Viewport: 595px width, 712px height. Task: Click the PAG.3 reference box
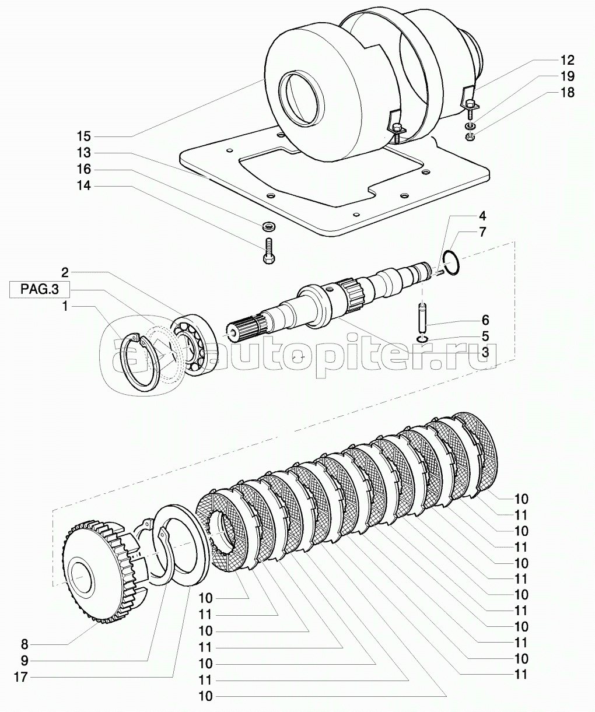40,289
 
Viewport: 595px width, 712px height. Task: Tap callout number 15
83,136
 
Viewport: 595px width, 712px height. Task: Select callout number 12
567,61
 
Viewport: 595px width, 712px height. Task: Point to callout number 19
567,76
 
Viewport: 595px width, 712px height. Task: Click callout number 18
567,92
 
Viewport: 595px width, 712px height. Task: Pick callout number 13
83,153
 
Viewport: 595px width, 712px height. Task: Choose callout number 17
20,677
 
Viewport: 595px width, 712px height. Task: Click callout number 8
24,645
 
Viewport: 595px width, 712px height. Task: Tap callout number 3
485,352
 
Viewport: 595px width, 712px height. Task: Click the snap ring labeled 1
142,362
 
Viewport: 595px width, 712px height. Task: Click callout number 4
482,216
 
